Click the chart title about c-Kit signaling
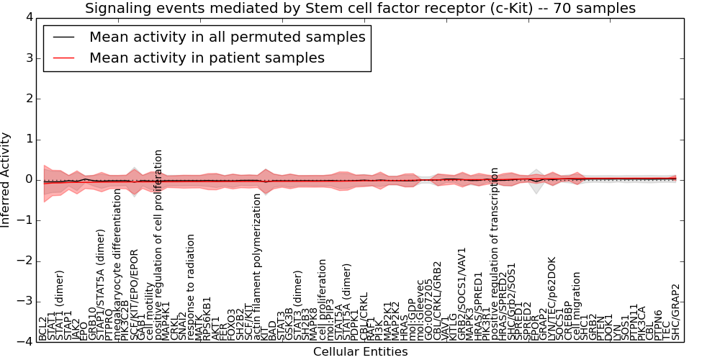click(360, 9)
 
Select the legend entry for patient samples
click(207, 58)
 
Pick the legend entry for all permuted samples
click(227, 37)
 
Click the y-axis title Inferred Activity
click(6, 180)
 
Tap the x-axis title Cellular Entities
click(360, 352)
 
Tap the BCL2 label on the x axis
click(43, 328)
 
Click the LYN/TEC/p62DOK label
click(552, 299)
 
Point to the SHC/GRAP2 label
click(675, 312)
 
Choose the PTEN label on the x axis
click(601, 328)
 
